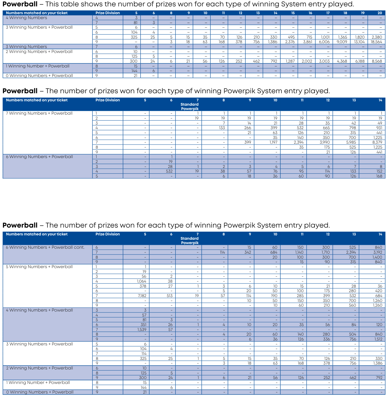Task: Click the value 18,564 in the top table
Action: [377, 42]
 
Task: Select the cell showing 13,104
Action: [359, 42]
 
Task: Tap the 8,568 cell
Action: [377, 61]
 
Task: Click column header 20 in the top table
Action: [380, 13]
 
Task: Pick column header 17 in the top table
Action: [328, 13]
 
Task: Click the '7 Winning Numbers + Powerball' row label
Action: [39, 113]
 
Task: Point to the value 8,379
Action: [377, 142]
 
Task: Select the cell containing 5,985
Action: [351, 142]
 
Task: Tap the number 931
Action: [379, 128]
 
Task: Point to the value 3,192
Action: [377, 252]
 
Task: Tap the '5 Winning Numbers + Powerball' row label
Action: [39, 267]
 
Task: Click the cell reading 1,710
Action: [324, 252]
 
